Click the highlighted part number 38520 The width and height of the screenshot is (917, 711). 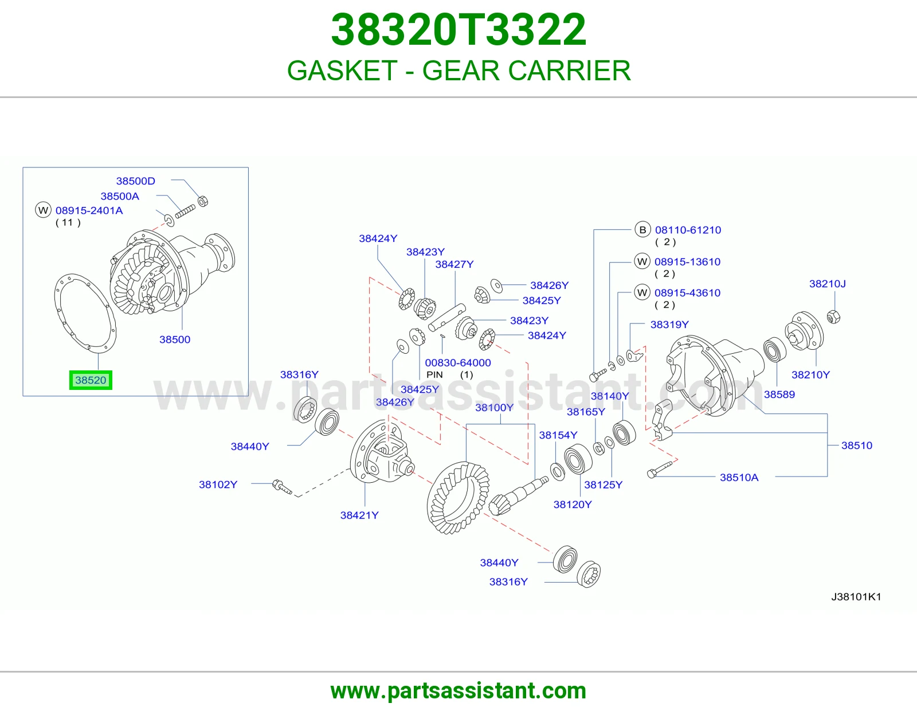91,380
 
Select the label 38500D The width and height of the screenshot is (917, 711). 135,181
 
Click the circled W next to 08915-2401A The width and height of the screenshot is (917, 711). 43,210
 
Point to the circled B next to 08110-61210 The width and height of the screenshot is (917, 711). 642,230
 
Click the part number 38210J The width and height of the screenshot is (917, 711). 827,283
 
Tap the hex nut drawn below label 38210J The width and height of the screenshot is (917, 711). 833,317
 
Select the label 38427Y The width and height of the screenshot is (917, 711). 454,264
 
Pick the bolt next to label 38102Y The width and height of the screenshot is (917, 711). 282,486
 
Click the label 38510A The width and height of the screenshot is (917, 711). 739,477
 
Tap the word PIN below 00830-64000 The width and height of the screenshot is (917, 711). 434,374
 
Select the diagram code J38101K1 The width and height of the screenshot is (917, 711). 856,596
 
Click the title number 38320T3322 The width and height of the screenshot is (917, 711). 458,29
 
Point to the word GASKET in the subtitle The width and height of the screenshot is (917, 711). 342,70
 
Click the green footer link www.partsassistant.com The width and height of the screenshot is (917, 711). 458,691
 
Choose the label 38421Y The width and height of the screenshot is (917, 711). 359,515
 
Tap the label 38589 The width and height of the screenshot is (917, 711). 779,394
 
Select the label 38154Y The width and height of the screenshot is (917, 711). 558,435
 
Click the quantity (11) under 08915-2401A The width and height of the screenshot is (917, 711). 68,222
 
